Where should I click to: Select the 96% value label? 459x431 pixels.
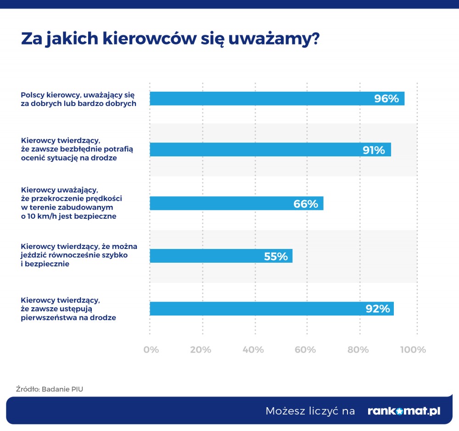(386, 99)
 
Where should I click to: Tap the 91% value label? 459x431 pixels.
(373, 150)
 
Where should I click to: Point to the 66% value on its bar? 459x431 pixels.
(306, 204)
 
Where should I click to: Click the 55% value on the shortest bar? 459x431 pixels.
(275, 256)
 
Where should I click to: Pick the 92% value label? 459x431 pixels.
(377, 309)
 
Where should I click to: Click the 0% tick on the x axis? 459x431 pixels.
(151, 349)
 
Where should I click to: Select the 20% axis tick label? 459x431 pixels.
(201, 349)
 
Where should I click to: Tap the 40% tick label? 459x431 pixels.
(253, 349)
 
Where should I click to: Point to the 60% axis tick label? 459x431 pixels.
(305, 349)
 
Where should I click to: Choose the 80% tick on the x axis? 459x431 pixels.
(358, 349)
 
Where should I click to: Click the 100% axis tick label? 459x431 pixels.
(413, 349)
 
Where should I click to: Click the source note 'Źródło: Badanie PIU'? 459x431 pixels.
(50, 389)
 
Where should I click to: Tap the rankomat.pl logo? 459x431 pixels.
(404, 411)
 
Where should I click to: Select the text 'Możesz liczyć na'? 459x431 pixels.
(310, 411)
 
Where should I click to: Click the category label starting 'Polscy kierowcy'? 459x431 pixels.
(78, 99)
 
